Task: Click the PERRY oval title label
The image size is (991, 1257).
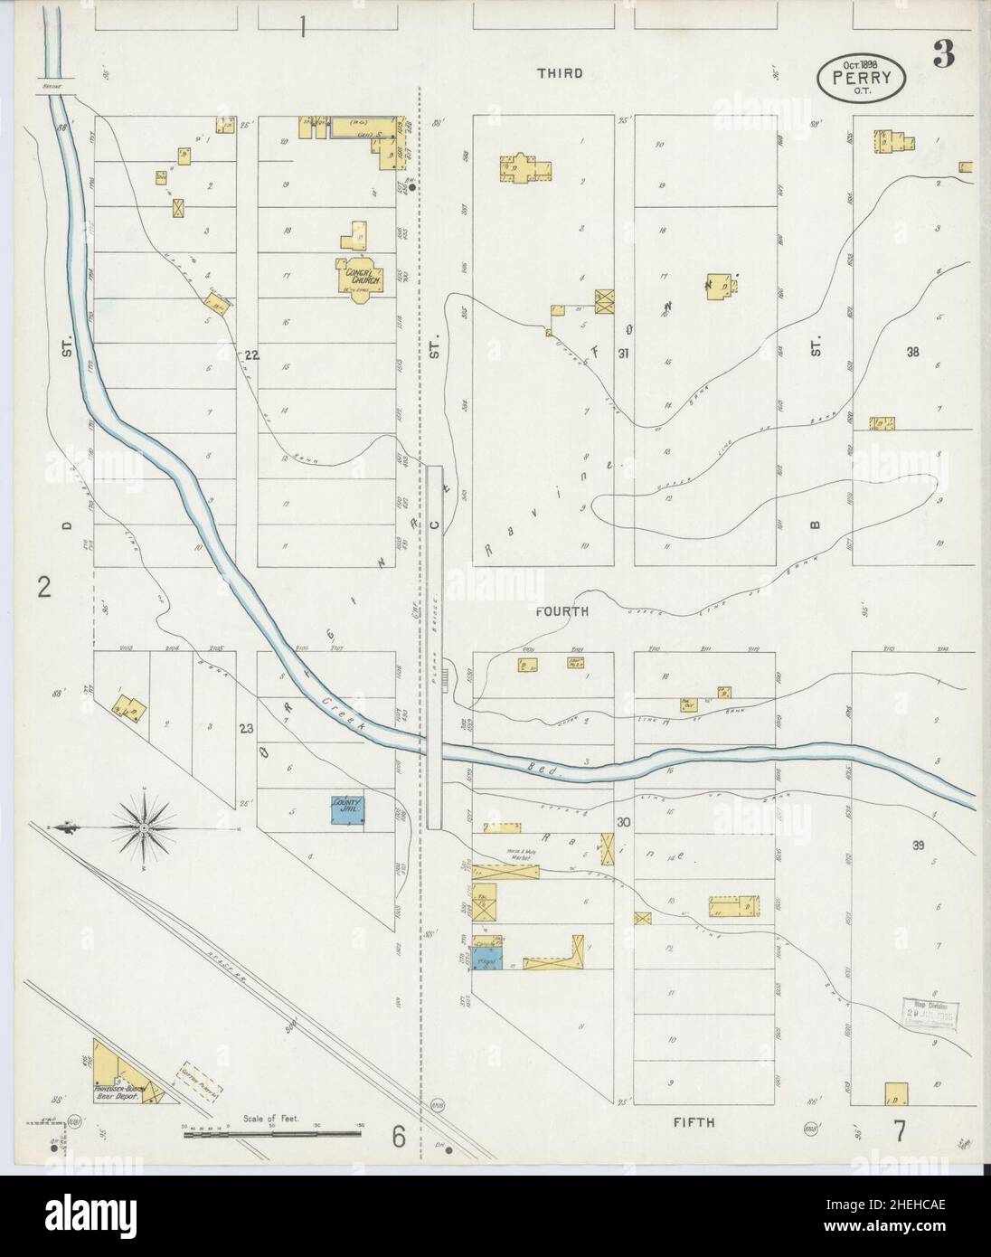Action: (x=861, y=79)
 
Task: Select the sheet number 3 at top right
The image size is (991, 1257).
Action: (x=944, y=56)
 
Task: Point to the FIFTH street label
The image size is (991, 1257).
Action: (x=694, y=1122)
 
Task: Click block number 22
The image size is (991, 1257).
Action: (x=250, y=355)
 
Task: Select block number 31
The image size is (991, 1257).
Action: (x=623, y=354)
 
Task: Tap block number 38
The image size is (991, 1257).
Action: (x=912, y=353)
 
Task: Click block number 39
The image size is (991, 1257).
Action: (x=918, y=846)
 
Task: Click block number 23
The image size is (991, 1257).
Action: (x=244, y=729)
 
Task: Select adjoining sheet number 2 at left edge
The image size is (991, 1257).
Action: (x=42, y=589)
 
